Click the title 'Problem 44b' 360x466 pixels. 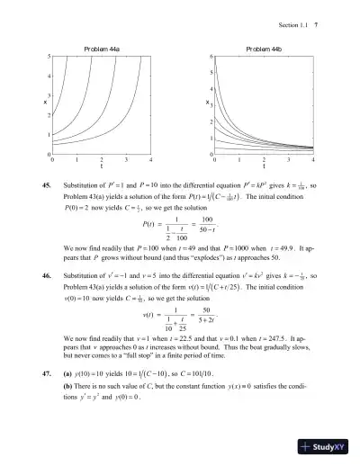[x=263, y=48]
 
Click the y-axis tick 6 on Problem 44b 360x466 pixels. [x=210, y=58]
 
